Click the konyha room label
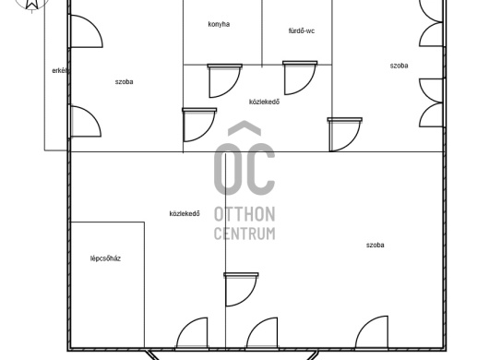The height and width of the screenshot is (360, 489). pyautogui.click(x=219, y=24)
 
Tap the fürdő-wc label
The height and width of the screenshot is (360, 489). pyautogui.click(x=302, y=30)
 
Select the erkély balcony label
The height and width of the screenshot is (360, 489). pyautogui.click(x=61, y=71)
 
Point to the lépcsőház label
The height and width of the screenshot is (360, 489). pyautogui.click(x=105, y=258)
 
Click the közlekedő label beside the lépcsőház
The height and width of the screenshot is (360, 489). pyautogui.click(x=185, y=213)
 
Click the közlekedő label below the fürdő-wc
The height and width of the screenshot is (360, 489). pyautogui.click(x=265, y=102)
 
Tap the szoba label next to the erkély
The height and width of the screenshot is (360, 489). pyautogui.click(x=125, y=82)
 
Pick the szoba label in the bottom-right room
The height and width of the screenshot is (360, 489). pyautogui.click(x=376, y=246)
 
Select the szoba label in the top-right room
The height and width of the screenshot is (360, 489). pyautogui.click(x=400, y=66)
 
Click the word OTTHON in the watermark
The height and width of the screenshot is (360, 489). pyautogui.click(x=244, y=214)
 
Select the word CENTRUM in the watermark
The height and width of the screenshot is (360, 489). pyautogui.click(x=244, y=234)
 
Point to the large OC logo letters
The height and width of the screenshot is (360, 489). pyautogui.click(x=244, y=169)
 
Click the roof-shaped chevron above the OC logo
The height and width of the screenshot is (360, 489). pyautogui.click(x=244, y=128)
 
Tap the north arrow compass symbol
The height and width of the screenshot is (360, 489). pyautogui.click(x=31, y=5)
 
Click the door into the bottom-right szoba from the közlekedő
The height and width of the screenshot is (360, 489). pyautogui.click(x=241, y=290)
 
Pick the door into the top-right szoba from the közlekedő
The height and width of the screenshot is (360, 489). pyautogui.click(x=345, y=135)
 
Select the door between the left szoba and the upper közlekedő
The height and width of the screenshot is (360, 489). pyautogui.click(x=199, y=125)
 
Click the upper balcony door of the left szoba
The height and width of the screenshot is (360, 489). pyautogui.click(x=86, y=31)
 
